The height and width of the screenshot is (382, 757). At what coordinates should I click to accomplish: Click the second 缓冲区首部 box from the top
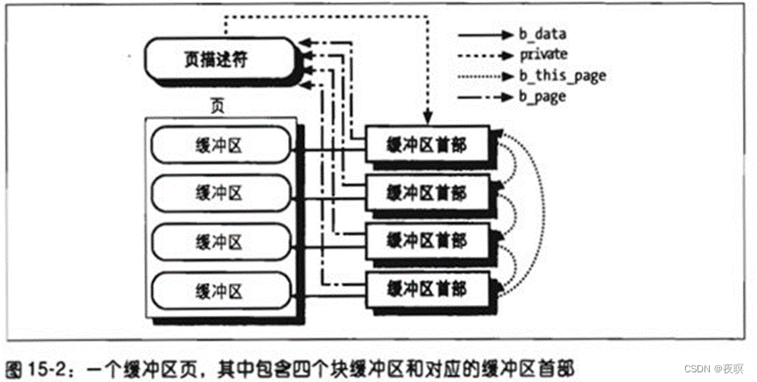(426, 192)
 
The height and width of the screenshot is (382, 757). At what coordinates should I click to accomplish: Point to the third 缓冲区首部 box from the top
(426, 239)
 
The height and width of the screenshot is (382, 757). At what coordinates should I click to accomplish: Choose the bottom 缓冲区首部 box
(426, 286)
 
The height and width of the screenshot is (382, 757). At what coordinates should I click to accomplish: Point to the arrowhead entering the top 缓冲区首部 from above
(427, 124)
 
